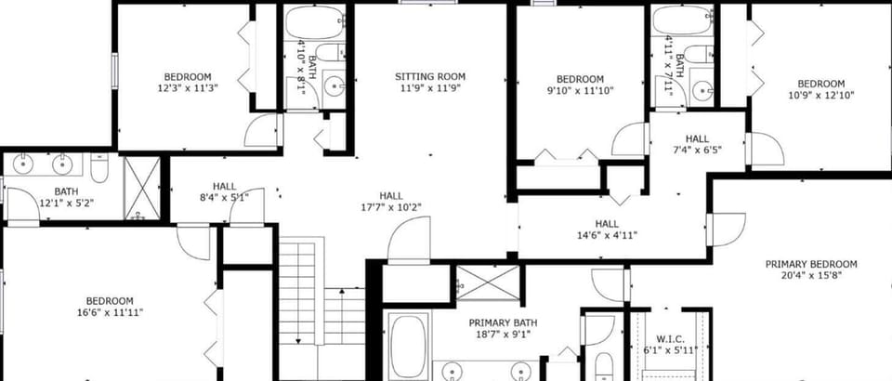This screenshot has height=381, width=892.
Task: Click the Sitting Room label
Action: coord(430,76)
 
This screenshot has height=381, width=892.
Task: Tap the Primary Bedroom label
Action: coord(810,265)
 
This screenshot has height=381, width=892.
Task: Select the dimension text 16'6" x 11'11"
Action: coord(110,312)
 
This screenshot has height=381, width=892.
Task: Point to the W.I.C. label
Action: coord(670,339)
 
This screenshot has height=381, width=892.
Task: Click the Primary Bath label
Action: coord(503,323)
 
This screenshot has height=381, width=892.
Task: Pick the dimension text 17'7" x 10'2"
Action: coord(391,207)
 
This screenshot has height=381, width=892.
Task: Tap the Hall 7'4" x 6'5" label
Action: coord(697,144)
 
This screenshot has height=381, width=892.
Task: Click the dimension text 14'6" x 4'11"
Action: coord(607,235)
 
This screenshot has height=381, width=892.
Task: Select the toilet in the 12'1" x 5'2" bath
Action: coord(99,168)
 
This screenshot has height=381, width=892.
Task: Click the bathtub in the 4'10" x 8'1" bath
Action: coord(315,22)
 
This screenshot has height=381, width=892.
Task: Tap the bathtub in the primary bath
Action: coord(407,347)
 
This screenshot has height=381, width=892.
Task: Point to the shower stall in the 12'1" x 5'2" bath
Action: coord(142,189)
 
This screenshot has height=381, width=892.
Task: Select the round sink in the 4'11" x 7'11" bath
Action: coord(704,90)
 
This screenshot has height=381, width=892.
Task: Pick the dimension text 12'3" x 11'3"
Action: coord(188,88)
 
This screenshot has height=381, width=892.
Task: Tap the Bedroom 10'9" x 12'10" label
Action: coord(820,89)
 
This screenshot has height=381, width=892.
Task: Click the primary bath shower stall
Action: coord(488,283)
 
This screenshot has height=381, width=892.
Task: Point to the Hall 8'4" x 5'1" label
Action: coord(224,191)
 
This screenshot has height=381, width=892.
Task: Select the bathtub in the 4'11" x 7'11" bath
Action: coord(682,20)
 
